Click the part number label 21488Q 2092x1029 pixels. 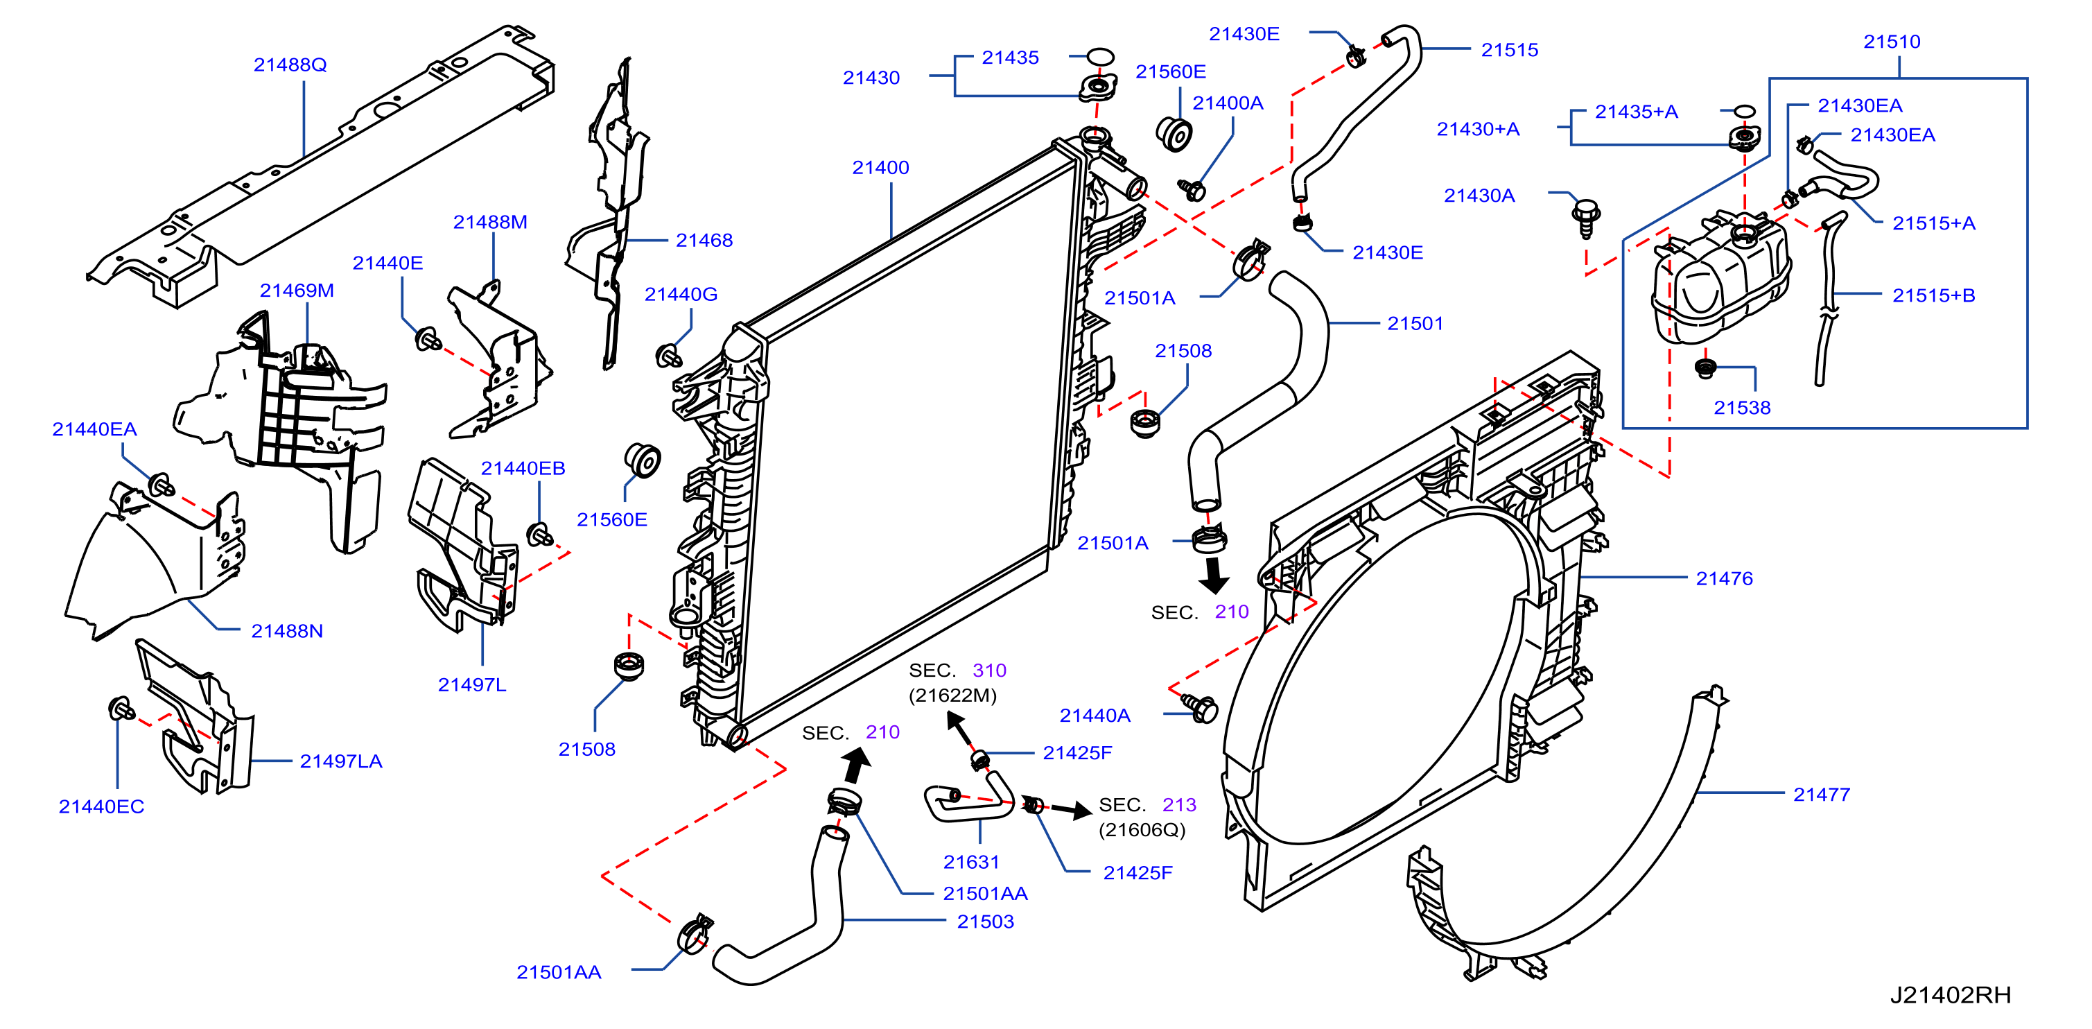coord(290,65)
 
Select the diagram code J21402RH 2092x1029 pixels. coord(1951,995)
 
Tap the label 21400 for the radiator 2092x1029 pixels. coord(880,167)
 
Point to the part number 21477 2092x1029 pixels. coord(1822,795)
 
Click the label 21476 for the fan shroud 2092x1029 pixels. coord(1724,578)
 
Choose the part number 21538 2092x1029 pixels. coord(1742,408)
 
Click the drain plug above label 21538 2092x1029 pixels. coord(1705,368)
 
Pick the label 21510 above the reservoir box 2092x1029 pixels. coord(1892,42)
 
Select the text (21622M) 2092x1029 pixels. coord(952,695)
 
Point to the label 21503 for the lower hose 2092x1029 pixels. coord(985,922)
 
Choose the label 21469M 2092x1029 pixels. coord(297,291)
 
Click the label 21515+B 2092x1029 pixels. coord(1934,295)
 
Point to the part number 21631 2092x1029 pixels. coord(970,862)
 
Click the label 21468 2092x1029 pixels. coord(704,241)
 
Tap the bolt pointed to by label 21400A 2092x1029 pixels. coord(1192,190)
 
